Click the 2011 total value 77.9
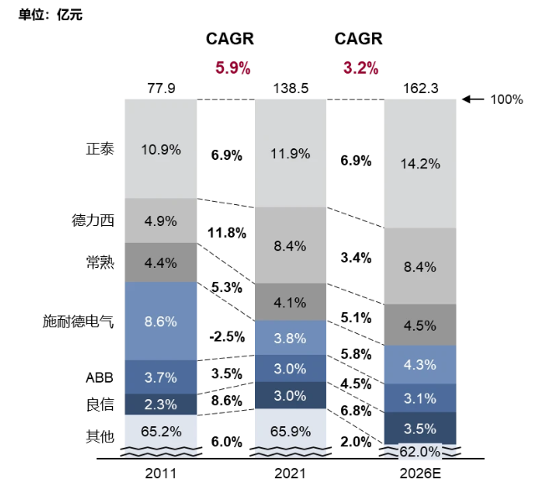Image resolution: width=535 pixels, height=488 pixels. click(x=160, y=88)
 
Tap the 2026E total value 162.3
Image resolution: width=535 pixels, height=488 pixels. click(x=420, y=88)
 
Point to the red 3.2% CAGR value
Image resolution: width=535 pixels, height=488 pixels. click(x=361, y=68)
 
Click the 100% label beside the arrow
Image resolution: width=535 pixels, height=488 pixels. click(x=506, y=100)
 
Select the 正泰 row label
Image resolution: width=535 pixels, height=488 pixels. click(x=99, y=149)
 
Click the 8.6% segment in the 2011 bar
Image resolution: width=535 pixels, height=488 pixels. click(x=160, y=321)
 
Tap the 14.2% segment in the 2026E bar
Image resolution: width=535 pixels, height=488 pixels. click(x=420, y=164)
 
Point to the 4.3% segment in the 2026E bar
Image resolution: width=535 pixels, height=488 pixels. click(x=420, y=365)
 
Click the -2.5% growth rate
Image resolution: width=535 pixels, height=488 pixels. click(x=226, y=336)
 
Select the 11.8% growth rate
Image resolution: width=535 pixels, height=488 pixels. click(x=226, y=232)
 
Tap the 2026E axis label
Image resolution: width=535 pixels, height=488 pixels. click(x=420, y=474)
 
